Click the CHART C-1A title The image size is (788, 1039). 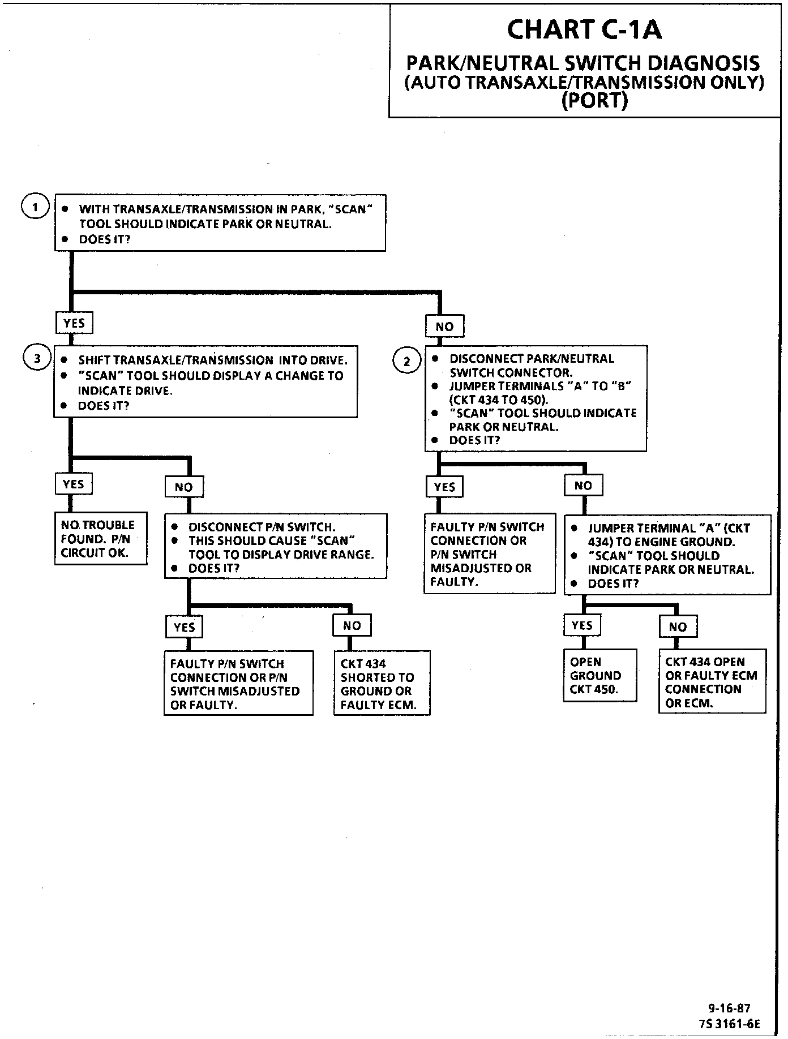click(x=584, y=29)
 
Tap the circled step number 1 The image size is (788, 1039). click(x=35, y=207)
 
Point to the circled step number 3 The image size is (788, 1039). click(x=37, y=359)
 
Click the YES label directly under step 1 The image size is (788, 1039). click(x=74, y=323)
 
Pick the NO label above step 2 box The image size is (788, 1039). click(x=444, y=326)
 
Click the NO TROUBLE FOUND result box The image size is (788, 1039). click(x=101, y=538)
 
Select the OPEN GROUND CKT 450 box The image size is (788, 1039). click(x=600, y=675)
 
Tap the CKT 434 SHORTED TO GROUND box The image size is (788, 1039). click(x=382, y=684)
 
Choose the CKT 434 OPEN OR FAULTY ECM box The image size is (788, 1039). click(x=712, y=681)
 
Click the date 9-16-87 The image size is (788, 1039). click(x=729, y=1008)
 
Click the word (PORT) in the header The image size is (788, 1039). click(x=594, y=101)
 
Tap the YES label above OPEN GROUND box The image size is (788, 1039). click(x=582, y=625)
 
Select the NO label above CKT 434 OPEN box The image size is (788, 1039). click(x=678, y=626)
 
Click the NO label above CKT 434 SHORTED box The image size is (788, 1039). click(x=352, y=625)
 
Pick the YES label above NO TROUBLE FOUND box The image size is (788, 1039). click(x=74, y=484)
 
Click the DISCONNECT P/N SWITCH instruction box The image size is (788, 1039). click(x=276, y=546)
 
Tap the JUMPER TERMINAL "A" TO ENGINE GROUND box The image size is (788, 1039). click(x=667, y=555)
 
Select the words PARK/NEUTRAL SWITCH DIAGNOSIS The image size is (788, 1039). click(x=584, y=63)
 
